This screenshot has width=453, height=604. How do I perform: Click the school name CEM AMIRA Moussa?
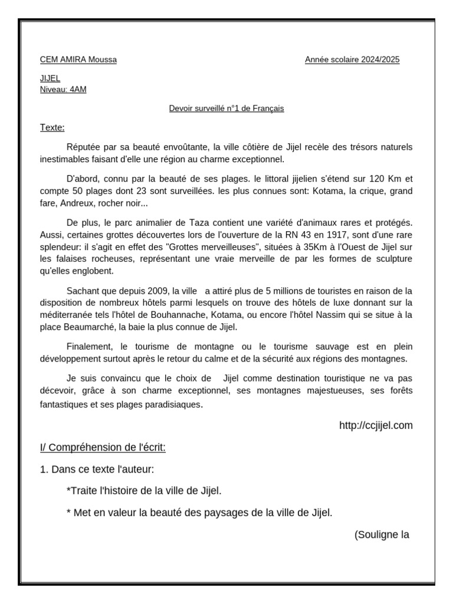click(x=78, y=60)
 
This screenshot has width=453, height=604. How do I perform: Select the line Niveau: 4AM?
click(x=63, y=89)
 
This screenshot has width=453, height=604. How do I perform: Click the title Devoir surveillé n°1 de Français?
click(x=226, y=109)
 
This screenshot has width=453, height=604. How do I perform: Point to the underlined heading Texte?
click(x=52, y=127)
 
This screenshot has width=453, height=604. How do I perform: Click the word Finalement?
click(x=88, y=347)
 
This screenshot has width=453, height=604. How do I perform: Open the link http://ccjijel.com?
click(x=376, y=425)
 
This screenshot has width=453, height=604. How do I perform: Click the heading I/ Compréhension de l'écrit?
click(x=103, y=448)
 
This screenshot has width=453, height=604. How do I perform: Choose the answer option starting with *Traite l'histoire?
click(x=145, y=491)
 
